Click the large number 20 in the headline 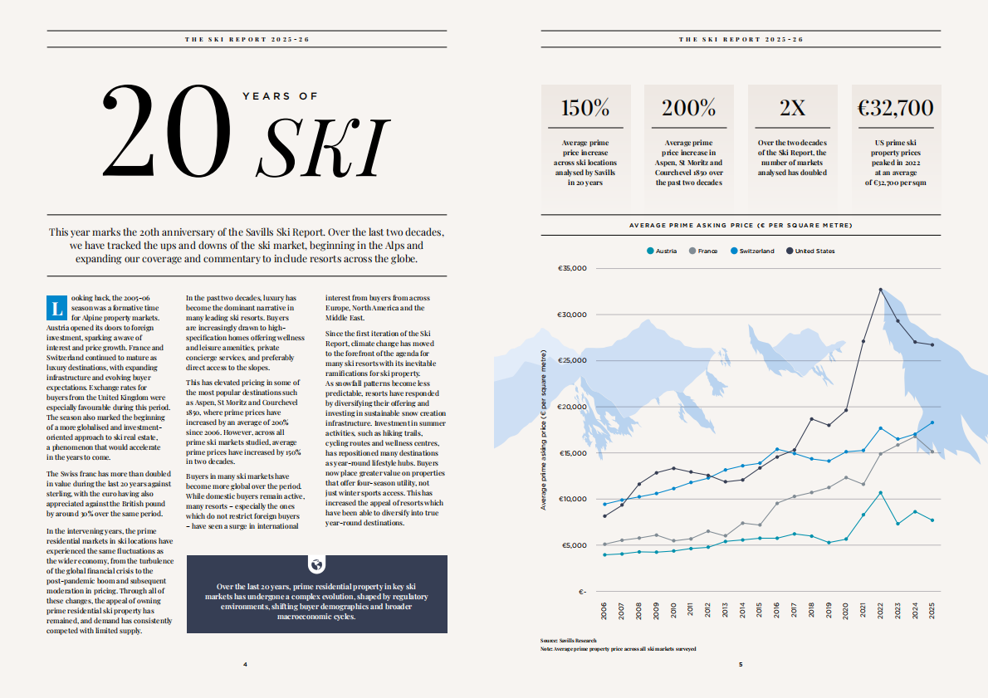[x=167, y=131]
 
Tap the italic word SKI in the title [x=323, y=149]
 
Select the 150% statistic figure [x=585, y=108]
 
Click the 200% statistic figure [x=689, y=108]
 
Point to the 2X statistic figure [x=792, y=108]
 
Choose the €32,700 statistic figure [x=895, y=108]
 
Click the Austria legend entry [x=662, y=251]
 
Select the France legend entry [x=703, y=251]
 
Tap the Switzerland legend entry [x=752, y=251]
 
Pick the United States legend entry [x=810, y=251]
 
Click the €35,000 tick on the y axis [x=572, y=268]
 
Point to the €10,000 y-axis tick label [x=573, y=499]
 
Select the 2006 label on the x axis [x=604, y=610]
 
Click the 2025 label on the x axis [x=932, y=610]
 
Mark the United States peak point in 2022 [x=880, y=290]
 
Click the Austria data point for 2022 [x=880, y=493]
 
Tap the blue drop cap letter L [x=56, y=308]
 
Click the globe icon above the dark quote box [x=317, y=564]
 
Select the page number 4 [x=245, y=665]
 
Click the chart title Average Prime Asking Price [x=741, y=226]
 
